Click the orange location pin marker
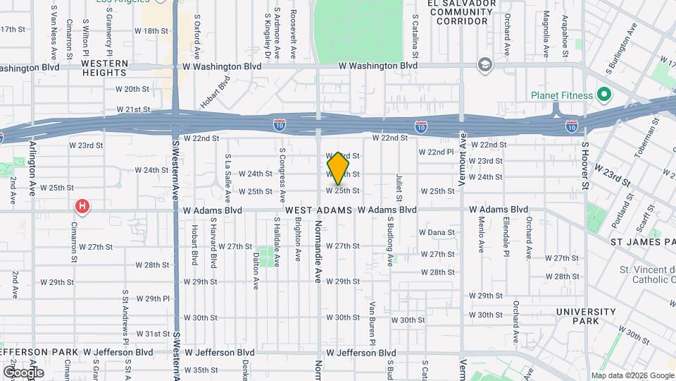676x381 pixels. tap(338, 168)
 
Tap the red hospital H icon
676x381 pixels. tap(83, 207)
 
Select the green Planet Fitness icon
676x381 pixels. tap(603, 94)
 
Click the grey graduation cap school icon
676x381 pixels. tap(484, 65)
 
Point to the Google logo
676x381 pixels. tap(23, 372)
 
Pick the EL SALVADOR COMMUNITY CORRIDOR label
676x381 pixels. tap(458, 12)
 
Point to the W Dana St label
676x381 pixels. tap(437, 232)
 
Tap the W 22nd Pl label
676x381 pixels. tap(436, 152)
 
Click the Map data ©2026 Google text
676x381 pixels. tap(632, 375)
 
